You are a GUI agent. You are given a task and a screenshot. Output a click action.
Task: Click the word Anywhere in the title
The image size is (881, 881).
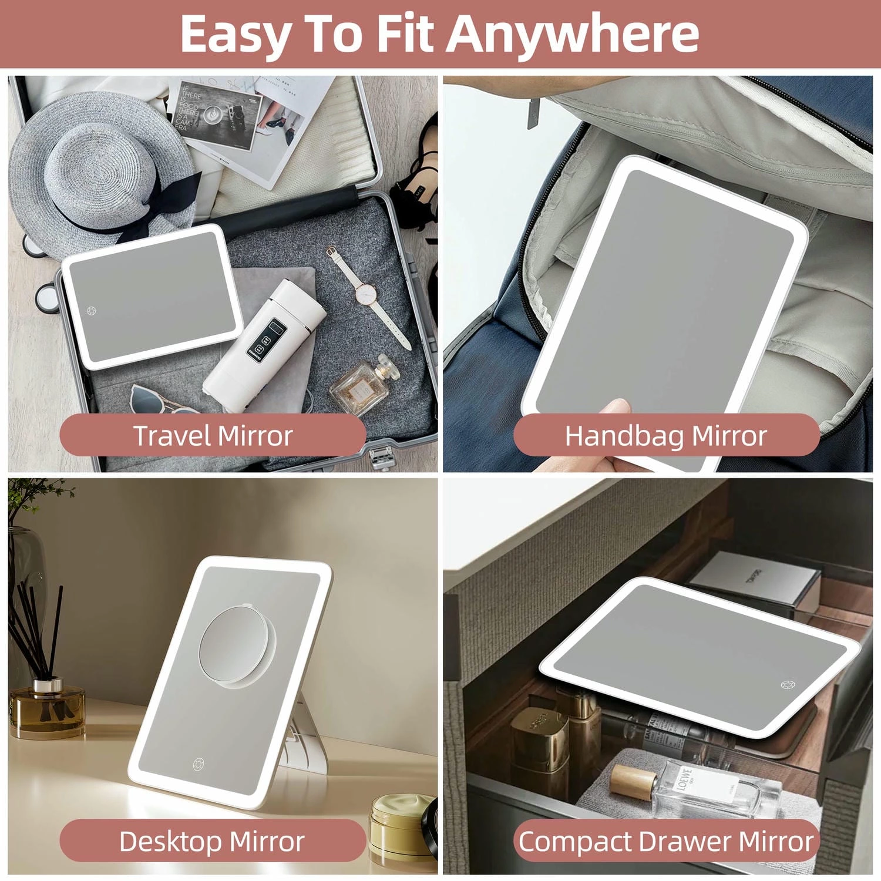click(573, 33)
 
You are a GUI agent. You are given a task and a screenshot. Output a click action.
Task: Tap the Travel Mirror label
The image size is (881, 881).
click(213, 435)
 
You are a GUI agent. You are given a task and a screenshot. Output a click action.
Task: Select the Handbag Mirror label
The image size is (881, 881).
click(665, 435)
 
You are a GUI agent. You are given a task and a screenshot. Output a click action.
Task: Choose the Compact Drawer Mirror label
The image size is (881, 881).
click(665, 841)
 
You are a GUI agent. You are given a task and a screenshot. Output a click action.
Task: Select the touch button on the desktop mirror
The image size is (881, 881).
click(199, 764)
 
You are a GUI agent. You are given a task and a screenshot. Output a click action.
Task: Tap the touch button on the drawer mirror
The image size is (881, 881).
click(788, 685)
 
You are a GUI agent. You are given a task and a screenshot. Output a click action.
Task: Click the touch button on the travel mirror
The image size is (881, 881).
click(92, 311)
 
